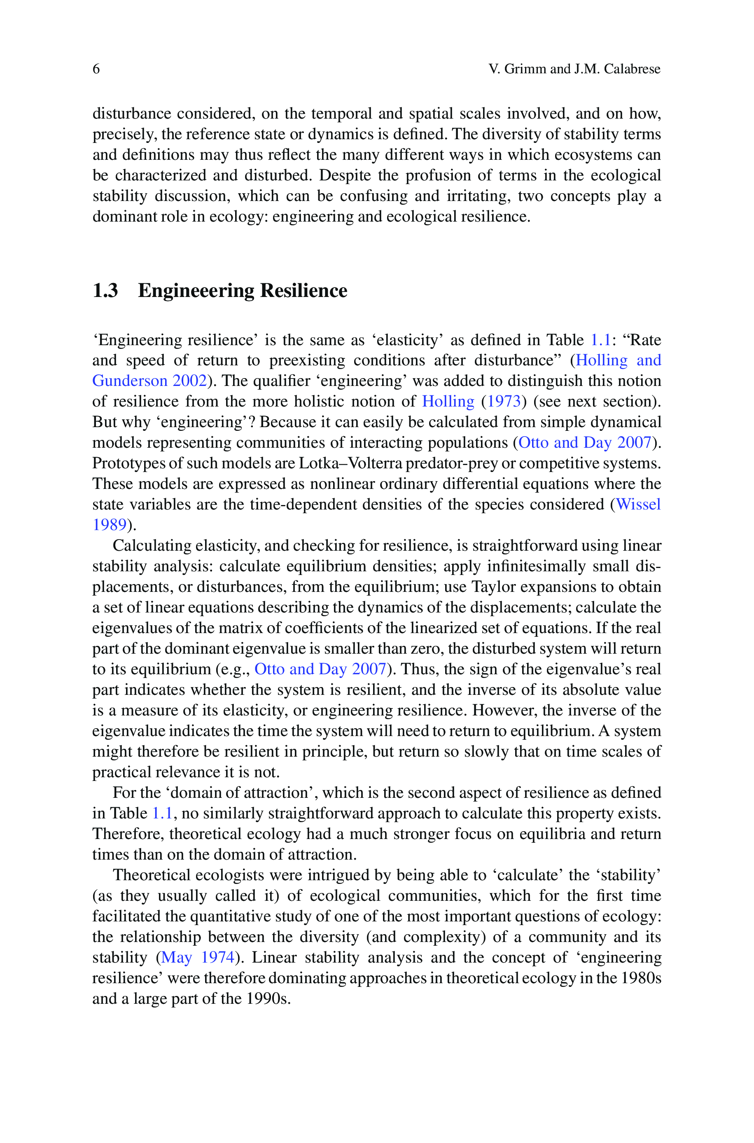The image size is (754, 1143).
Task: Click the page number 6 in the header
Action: [96, 69]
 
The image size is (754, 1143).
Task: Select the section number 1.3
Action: [105, 291]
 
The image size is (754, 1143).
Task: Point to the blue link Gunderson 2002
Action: [149, 381]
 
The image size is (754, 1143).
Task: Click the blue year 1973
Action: [504, 402]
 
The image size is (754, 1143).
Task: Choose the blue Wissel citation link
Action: [638, 505]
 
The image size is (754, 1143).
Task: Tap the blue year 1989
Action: [109, 525]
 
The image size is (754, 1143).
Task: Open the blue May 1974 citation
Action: [198, 957]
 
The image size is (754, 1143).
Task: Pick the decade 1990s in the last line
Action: [268, 999]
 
